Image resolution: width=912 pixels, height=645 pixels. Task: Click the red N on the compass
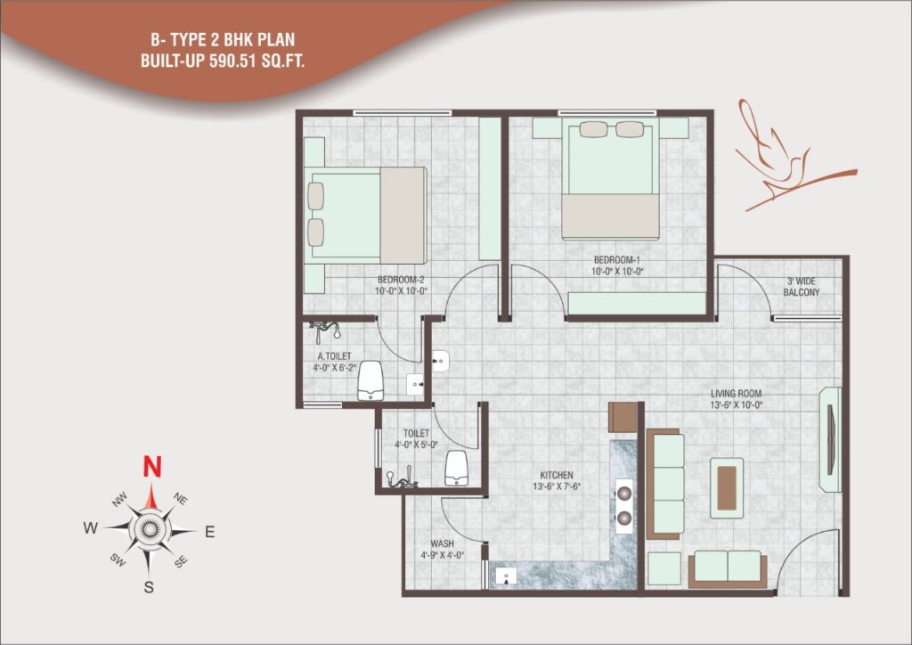pyautogui.click(x=151, y=467)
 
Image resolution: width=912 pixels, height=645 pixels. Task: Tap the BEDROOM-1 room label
pyautogui.click(x=616, y=260)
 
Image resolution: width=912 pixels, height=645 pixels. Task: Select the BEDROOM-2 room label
pyautogui.click(x=401, y=280)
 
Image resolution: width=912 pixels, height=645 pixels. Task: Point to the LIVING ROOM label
pyautogui.click(x=736, y=394)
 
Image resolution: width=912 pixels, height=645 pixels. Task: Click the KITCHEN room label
pyautogui.click(x=557, y=475)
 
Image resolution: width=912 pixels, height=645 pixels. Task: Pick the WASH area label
pyautogui.click(x=442, y=543)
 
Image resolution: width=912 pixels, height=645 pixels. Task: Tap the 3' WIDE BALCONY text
pyautogui.click(x=801, y=287)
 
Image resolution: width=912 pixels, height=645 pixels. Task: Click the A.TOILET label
pyautogui.click(x=335, y=356)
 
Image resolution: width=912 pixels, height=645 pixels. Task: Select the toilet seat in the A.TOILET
pyautogui.click(x=370, y=381)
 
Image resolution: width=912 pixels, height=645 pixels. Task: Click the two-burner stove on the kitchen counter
pyautogui.click(x=624, y=506)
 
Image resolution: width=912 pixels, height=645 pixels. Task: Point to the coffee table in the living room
pyautogui.click(x=727, y=488)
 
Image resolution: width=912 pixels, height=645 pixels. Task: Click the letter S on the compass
pyautogui.click(x=149, y=587)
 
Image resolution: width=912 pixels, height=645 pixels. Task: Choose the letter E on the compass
pyautogui.click(x=210, y=532)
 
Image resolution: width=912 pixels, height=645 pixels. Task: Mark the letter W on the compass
pyautogui.click(x=90, y=528)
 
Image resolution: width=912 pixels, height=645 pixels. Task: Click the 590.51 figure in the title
pyautogui.click(x=232, y=61)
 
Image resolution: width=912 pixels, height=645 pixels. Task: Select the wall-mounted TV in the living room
pyautogui.click(x=831, y=439)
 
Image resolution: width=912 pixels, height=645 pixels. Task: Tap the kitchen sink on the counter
pyautogui.click(x=506, y=576)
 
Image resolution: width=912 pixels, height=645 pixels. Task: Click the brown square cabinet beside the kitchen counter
pyautogui.click(x=623, y=417)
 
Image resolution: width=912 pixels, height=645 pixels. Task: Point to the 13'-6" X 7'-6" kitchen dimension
pyautogui.click(x=557, y=486)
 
